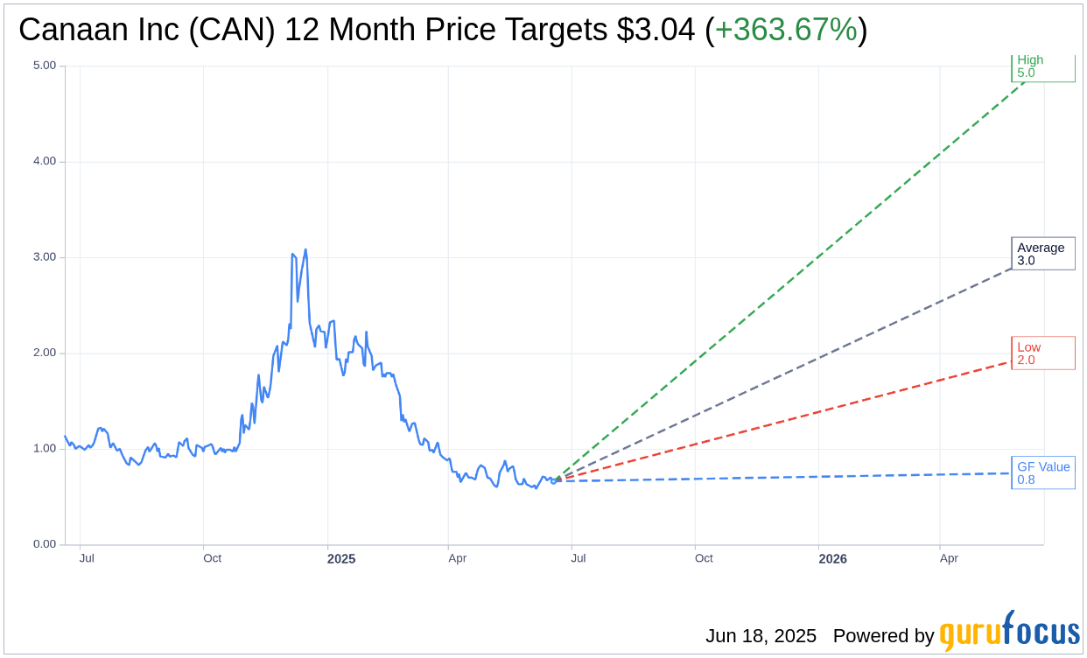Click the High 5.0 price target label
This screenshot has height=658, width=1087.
1042,66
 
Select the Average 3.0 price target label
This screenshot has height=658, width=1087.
1042,254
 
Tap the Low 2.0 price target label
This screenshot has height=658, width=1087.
1042,353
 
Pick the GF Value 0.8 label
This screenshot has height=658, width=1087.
1042,473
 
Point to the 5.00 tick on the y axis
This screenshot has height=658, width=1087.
44,66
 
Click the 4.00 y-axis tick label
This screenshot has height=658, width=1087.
44,161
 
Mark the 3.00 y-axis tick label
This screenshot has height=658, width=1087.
44,257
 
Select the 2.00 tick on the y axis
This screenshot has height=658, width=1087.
44,353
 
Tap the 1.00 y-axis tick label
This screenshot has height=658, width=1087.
44,449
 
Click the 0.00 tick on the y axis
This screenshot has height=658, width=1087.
44,544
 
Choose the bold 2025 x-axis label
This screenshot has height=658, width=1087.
341,558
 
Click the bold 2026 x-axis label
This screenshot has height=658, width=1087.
832,558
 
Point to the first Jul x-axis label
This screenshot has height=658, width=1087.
87,558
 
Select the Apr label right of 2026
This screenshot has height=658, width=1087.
949,558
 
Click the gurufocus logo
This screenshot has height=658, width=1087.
1009,632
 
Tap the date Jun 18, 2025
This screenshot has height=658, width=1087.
761,636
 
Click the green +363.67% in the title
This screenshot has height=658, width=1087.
786,30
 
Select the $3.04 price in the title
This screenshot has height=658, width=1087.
656,30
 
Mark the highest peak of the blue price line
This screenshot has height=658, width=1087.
305,249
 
